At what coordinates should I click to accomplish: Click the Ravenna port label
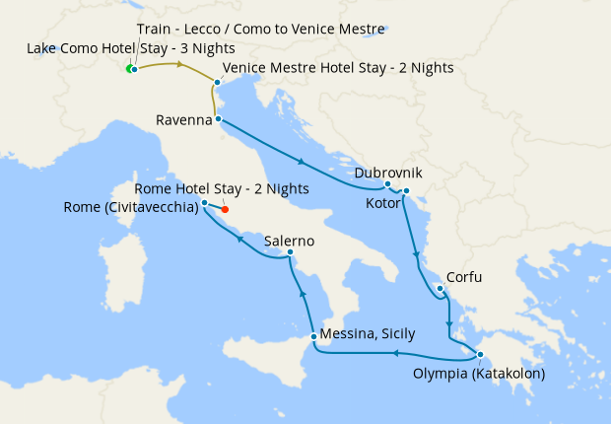[x=184, y=120]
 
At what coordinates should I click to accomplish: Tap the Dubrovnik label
[x=388, y=173]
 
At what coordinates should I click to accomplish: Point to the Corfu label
[x=464, y=278]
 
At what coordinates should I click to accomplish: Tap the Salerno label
[x=289, y=241]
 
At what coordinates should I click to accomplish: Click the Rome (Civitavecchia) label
[x=130, y=207]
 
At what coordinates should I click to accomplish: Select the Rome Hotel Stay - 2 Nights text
[x=222, y=188]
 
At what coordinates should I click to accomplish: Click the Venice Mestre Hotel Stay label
[x=338, y=68]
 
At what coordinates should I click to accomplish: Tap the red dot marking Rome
[x=225, y=209]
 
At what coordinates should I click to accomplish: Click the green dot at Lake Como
[x=128, y=68]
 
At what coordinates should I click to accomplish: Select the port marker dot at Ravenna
[x=218, y=120]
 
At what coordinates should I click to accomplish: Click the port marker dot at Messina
[x=313, y=337]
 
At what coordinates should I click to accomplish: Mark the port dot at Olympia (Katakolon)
[x=480, y=355]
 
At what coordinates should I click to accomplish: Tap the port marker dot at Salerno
[x=290, y=253]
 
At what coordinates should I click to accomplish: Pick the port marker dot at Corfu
[x=439, y=288]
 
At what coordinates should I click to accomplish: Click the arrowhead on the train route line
[x=180, y=65]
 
